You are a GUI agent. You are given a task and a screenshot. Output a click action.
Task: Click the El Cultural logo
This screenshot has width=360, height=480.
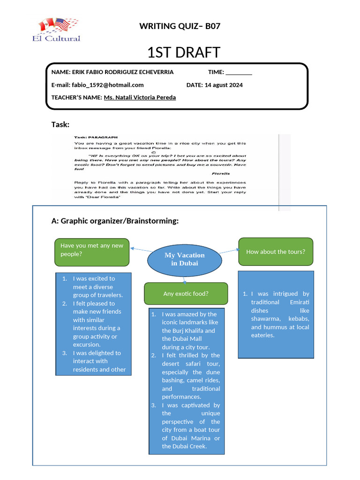pyautogui.click(x=57, y=30)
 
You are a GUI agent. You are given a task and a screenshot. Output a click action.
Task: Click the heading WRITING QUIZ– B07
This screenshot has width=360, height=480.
pyautogui.click(x=180, y=26)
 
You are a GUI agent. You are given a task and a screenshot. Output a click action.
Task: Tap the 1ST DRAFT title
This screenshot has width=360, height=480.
pyautogui.click(x=183, y=52)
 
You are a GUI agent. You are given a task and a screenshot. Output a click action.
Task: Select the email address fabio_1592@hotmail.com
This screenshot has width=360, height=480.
pyautogui.click(x=107, y=85)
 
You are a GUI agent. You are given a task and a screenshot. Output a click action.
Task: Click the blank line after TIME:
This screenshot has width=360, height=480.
pyautogui.click(x=239, y=73)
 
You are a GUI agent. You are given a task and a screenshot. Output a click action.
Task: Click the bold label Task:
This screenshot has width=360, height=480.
pyautogui.click(x=60, y=124)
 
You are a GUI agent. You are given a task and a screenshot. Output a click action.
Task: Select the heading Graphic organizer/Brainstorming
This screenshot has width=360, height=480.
pyautogui.click(x=120, y=221)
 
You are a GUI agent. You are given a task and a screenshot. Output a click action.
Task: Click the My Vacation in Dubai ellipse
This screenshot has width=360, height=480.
pyautogui.click(x=184, y=259)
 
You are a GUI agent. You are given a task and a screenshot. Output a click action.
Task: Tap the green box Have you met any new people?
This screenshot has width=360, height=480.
pyautogui.click(x=92, y=250)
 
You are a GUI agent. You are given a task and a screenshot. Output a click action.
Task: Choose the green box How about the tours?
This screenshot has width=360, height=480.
pyautogui.click(x=276, y=252)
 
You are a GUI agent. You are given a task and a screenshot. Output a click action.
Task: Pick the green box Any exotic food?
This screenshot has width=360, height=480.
pyautogui.click(x=186, y=294)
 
